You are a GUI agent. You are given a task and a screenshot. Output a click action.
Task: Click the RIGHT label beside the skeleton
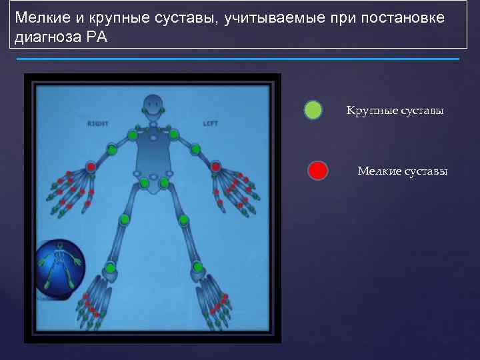click(97, 123)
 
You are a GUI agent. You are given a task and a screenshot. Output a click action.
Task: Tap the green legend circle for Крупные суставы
click(313, 110)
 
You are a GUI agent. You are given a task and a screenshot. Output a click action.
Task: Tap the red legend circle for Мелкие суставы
click(317, 171)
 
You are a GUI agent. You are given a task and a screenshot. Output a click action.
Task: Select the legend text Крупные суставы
click(395, 110)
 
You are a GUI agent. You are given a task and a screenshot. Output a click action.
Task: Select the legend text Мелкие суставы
click(402, 171)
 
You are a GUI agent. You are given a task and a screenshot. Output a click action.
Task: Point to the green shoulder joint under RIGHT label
click(133, 135)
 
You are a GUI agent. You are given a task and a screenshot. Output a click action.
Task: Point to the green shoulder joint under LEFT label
click(174, 135)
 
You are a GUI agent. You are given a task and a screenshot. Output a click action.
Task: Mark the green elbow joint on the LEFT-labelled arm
click(195, 149)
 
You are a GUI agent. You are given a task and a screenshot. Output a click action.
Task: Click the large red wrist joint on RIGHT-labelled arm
click(91, 167)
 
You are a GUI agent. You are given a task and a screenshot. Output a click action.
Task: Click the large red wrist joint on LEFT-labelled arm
click(216, 167)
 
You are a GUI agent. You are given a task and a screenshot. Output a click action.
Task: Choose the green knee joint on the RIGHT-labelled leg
click(124, 219)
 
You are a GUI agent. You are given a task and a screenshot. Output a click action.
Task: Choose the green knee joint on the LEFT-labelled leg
click(183, 219)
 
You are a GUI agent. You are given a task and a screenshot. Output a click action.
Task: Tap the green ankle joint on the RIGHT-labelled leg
click(110, 268)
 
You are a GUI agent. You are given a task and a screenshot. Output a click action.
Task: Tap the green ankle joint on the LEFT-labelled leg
click(197, 267)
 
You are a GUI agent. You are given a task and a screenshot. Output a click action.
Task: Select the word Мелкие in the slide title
click(39, 17)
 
